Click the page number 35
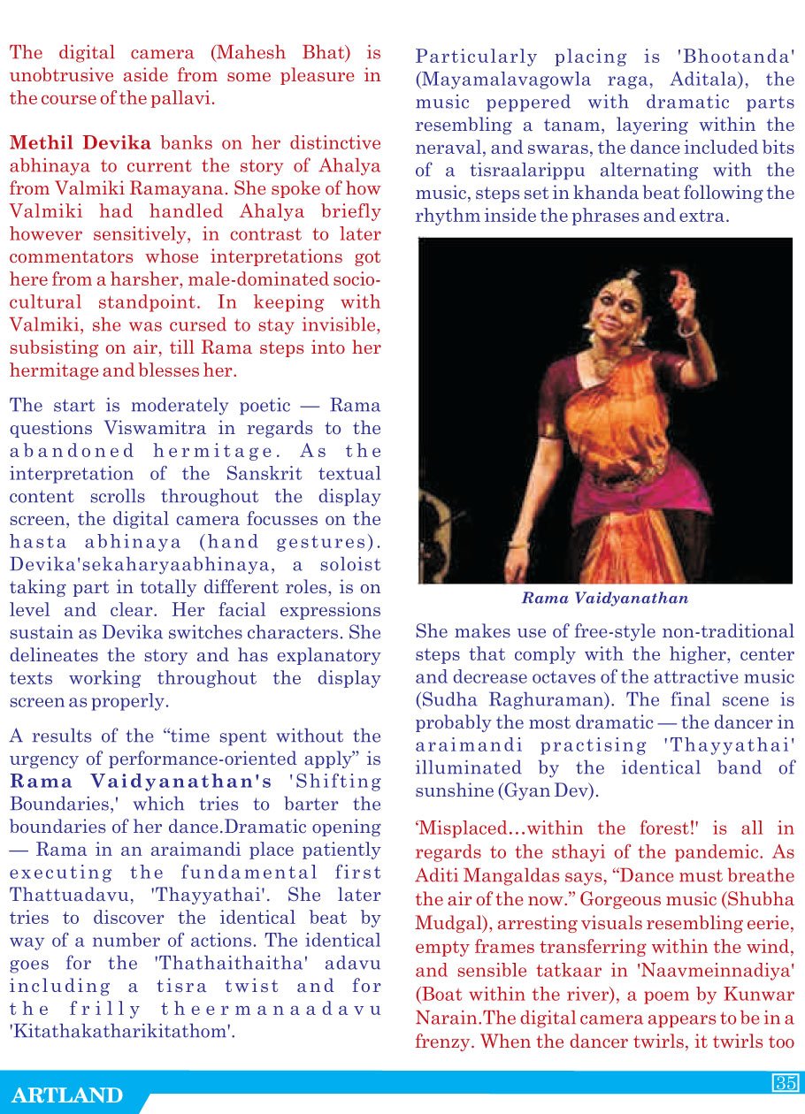[x=786, y=1083]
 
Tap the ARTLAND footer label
[x=67, y=1095]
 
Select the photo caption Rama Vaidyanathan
[x=605, y=599]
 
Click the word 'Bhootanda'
[x=736, y=57]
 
